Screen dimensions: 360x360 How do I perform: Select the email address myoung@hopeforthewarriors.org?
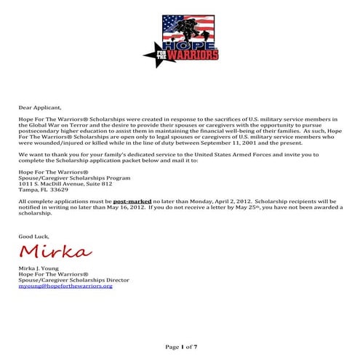coord(65,286)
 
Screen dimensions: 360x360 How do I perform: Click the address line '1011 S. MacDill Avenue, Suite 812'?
coord(65,184)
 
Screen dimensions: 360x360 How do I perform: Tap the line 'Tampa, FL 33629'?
coord(43,190)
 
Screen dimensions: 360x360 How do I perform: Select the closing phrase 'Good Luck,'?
coord(33,237)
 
